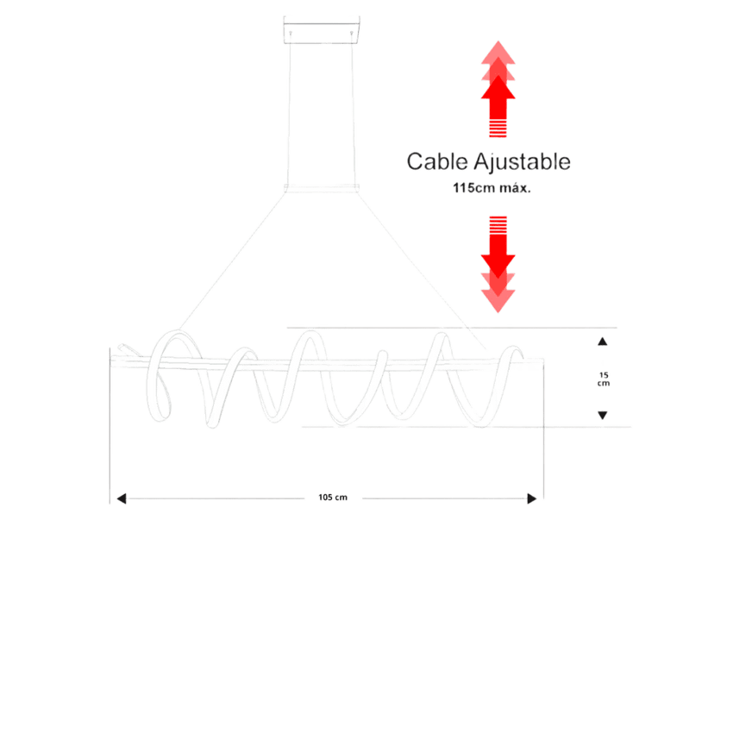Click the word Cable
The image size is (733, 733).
(437, 162)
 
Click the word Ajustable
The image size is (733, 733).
(523, 162)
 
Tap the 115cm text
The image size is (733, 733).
(473, 188)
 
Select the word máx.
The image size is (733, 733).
(515, 188)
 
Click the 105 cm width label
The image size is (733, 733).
(333, 498)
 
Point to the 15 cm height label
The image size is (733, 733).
(604, 379)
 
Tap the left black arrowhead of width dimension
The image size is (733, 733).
(122, 498)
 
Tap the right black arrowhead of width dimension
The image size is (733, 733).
(531, 498)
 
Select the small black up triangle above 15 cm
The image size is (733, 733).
(603, 341)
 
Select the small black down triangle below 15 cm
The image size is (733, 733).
(603, 415)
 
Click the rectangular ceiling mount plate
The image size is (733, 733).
(322, 30)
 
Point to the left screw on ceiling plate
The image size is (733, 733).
(291, 33)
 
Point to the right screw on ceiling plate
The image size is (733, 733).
(352, 33)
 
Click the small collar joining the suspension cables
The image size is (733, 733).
(322, 188)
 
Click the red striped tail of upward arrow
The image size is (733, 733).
(498, 128)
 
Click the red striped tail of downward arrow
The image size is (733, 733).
(498, 225)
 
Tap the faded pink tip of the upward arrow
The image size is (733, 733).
(498, 51)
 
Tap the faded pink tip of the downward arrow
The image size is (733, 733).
(498, 302)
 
